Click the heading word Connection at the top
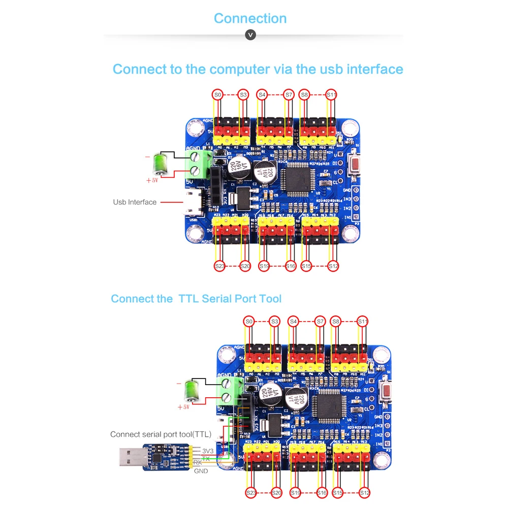point(250,18)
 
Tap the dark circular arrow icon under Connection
point(250,35)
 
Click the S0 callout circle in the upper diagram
point(217,94)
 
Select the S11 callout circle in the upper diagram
point(331,94)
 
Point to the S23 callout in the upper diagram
point(219,266)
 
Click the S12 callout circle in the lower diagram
point(365,492)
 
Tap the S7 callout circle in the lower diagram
point(320,321)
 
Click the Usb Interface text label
point(135,202)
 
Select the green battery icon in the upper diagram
point(161,164)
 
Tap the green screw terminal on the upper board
point(199,163)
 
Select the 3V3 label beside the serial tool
point(208,451)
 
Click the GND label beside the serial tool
point(201,471)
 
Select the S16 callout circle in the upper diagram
point(290,266)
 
